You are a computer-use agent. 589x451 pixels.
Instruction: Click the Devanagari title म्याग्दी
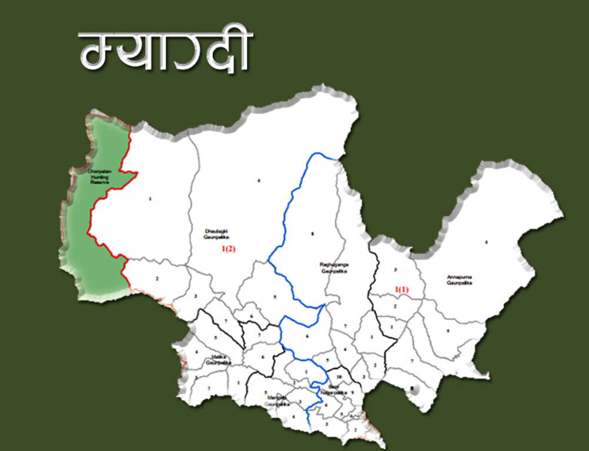(165, 52)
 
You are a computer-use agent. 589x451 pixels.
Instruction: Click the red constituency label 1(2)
(228, 249)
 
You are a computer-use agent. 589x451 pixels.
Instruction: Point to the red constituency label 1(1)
(401, 289)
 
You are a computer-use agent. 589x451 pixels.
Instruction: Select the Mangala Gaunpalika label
(276, 398)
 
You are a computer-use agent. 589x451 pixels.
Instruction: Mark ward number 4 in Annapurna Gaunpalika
(486, 242)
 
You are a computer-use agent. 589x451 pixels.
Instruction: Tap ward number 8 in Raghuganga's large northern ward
(312, 234)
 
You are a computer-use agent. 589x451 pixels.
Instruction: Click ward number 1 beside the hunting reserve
(150, 199)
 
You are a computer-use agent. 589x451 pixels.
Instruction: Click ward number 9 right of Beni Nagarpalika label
(352, 392)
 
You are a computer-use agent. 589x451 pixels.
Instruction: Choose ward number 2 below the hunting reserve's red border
(158, 278)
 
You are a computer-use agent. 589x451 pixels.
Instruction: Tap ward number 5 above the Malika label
(216, 338)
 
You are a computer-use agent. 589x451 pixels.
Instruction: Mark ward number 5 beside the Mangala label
(266, 392)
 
